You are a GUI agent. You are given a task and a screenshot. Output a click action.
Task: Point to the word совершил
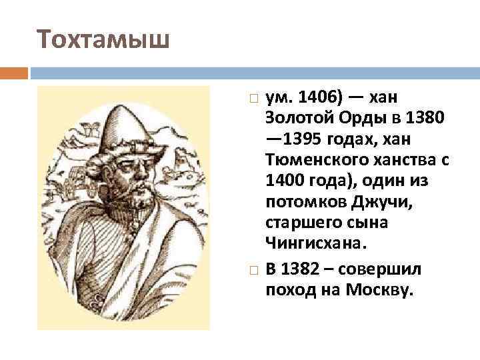tap(378, 269)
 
